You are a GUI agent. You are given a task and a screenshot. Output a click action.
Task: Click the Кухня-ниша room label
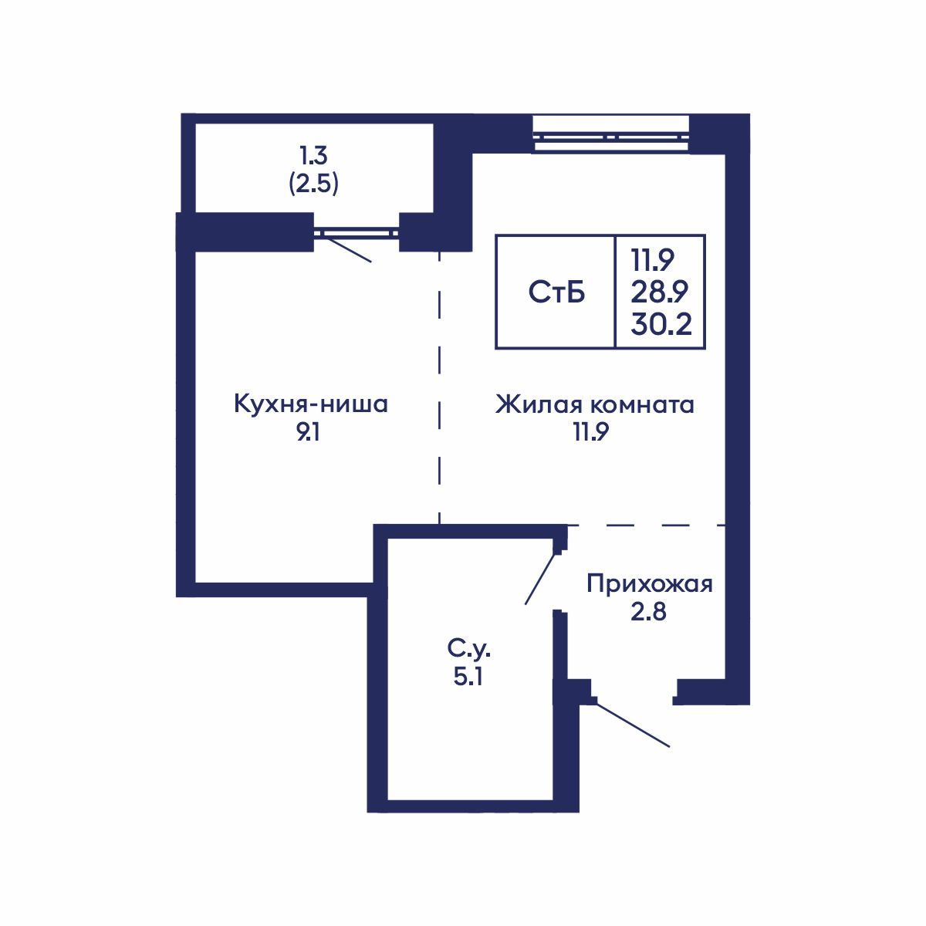point(310,404)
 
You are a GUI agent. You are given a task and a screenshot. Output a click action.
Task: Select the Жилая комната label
point(594,404)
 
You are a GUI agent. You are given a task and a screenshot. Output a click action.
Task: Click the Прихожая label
point(649,583)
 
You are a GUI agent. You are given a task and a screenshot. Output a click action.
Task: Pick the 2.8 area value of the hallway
point(647,613)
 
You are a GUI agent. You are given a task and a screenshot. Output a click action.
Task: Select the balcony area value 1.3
point(313,157)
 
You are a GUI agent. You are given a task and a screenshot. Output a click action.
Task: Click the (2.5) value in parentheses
point(313,185)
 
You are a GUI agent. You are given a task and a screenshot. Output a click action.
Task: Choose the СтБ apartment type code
point(556,292)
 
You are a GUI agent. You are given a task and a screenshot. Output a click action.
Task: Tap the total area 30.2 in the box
point(660,324)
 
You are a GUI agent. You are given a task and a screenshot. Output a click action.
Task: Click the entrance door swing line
point(633,724)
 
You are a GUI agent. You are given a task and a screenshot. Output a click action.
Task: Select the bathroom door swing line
point(540,579)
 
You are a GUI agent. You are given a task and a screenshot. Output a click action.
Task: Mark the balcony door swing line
point(347,248)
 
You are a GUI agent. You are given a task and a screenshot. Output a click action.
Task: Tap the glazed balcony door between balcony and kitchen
point(356,230)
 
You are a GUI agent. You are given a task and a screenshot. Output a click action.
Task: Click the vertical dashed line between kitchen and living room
point(439,386)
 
